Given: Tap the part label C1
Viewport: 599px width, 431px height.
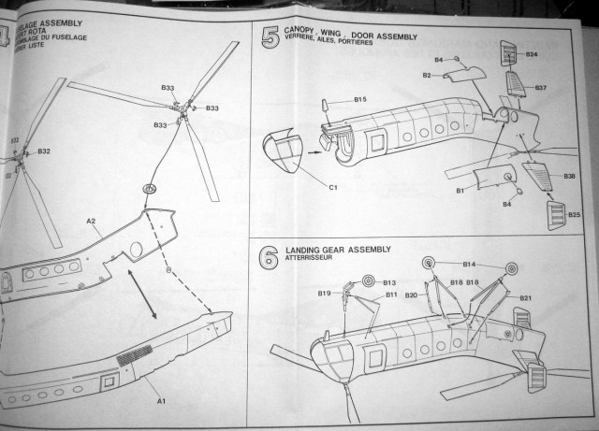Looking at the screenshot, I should [x=332, y=187].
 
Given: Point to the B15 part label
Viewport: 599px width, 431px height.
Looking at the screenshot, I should [x=360, y=99].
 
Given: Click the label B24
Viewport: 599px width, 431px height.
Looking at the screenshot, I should [x=531, y=55].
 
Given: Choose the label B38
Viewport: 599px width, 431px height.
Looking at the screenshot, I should [x=569, y=177].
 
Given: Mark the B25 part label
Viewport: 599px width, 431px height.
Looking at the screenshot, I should [x=574, y=215].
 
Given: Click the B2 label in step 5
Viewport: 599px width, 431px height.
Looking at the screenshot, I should [x=426, y=74].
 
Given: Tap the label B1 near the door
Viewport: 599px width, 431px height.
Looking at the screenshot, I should [x=460, y=191].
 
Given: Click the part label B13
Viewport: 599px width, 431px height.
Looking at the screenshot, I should [x=389, y=281].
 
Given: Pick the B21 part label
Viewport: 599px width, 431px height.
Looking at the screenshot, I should [x=526, y=298].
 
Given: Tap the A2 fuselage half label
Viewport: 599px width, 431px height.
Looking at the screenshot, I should [x=92, y=222].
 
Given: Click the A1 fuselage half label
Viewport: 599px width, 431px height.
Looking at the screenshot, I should [x=161, y=401].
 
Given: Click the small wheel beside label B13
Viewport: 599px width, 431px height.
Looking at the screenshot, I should [x=368, y=280].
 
